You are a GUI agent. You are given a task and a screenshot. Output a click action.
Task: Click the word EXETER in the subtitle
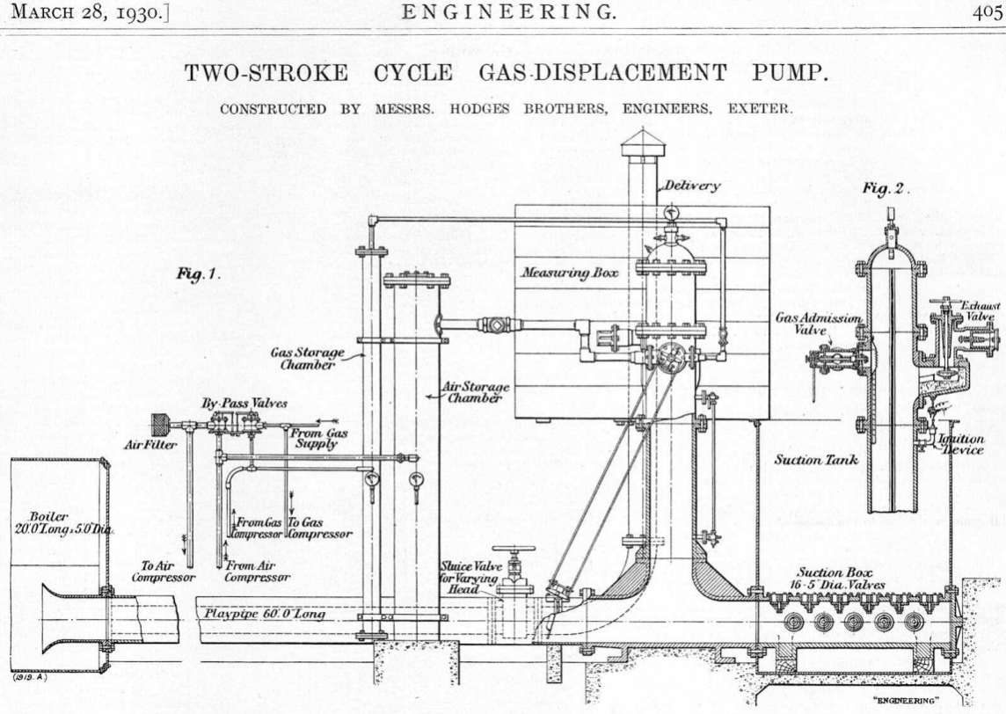click(x=764, y=110)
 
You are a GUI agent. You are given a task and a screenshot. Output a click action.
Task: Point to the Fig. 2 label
click(x=886, y=187)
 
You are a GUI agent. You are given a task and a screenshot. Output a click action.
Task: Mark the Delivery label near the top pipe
click(x=692, y=186)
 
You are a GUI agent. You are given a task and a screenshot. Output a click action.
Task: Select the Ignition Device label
click(x=960, y=443)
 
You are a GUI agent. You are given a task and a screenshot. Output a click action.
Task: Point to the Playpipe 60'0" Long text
click(x=264, y=614)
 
